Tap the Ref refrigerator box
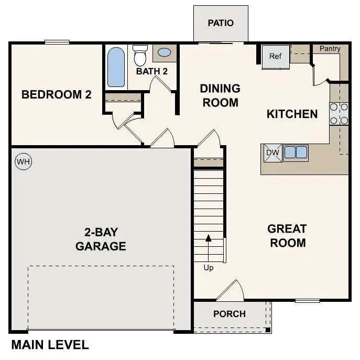click(276, 57)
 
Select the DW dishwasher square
click(272, 152)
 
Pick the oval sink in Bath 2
click(164, 53)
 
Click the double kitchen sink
click(296, 152)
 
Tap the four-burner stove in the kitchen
click(339, 114)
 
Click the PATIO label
click(221, 23)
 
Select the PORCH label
click(230, 314)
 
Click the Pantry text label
click(330, 49)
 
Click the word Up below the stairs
click(209, 268)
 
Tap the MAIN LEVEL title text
click(50, 345)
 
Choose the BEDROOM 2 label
click(57, 95)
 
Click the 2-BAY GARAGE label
click(101, 239)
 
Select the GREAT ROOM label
click(287, 236)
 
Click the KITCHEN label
click(292, 114)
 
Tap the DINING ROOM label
click(220, 95)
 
